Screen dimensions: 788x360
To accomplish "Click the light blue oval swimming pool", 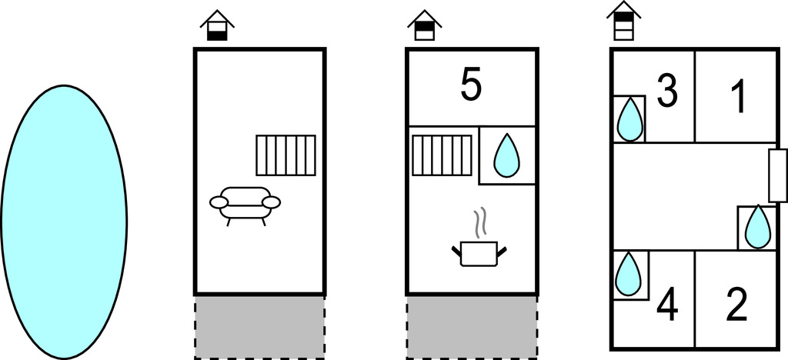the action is (64, 222).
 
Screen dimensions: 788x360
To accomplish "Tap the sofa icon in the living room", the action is (245, 205).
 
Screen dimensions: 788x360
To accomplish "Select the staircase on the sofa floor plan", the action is (286, 155).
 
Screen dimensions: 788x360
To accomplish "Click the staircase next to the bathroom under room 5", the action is (442, 155).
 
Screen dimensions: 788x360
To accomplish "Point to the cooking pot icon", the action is (479, 254).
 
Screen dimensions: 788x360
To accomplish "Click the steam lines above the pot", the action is (481, 222).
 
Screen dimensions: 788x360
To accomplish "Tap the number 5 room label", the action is (471, 86).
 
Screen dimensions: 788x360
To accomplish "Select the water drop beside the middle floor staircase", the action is (506, 155).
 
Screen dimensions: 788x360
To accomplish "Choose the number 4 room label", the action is (667, 306).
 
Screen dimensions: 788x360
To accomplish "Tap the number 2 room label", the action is (737, 306).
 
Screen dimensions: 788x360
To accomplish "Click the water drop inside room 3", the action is (629, 119).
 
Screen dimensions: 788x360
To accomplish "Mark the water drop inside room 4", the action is (628, 274).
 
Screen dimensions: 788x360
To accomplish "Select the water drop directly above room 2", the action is (758, 227).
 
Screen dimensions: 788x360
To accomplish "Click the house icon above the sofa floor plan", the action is (217, 25).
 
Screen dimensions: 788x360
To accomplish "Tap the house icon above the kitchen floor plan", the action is (425, 25).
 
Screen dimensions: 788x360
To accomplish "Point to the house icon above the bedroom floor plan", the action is (623, 21).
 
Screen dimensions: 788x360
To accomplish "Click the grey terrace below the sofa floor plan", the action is (260, 327).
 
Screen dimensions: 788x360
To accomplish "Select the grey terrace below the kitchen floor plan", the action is (472, 327).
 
